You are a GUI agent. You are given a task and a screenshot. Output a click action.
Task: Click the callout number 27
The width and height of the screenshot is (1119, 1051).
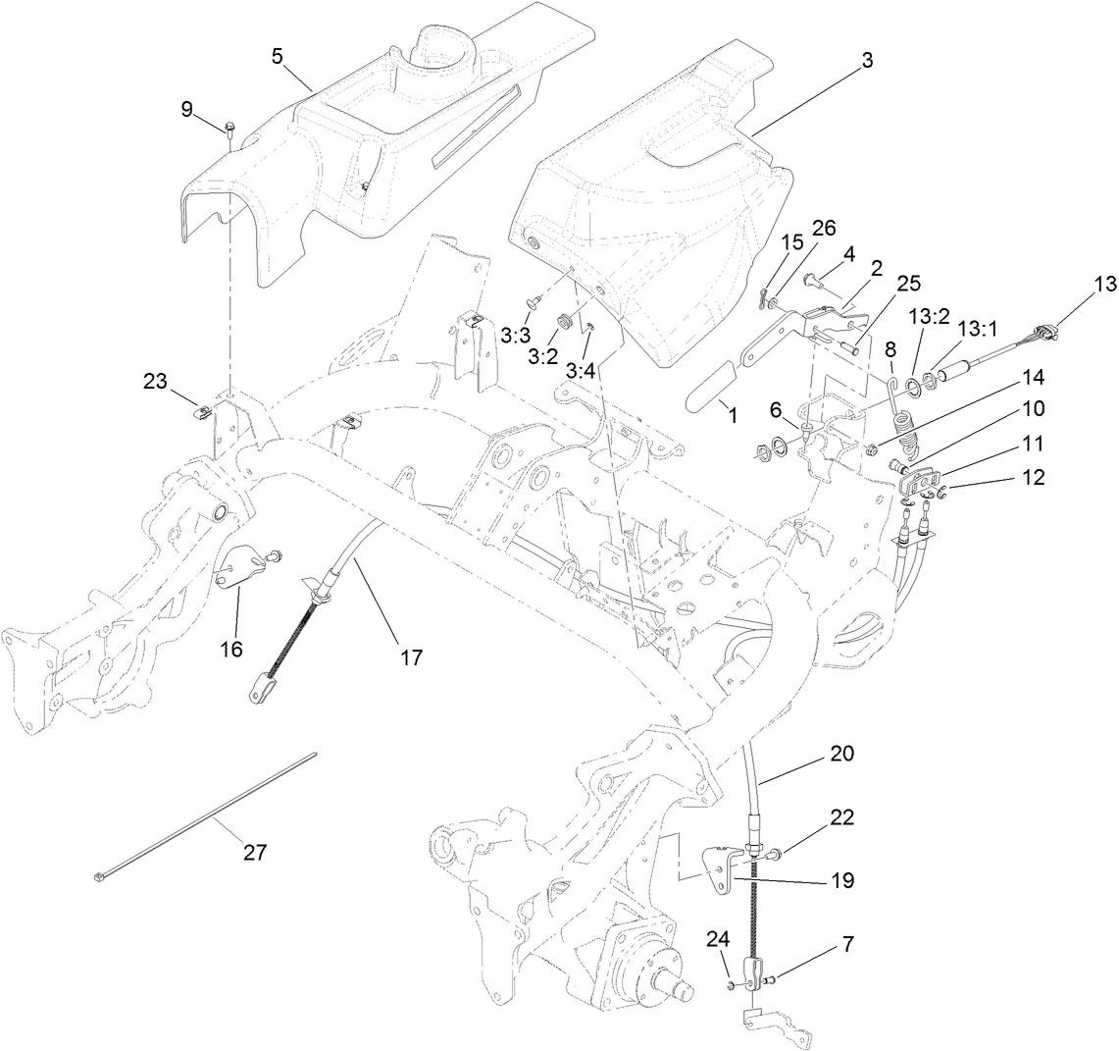[255, 853]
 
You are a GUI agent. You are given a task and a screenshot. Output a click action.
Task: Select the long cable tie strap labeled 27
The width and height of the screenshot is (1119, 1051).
[206, 815]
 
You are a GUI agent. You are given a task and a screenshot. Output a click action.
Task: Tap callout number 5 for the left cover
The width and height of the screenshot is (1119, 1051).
[278, 56]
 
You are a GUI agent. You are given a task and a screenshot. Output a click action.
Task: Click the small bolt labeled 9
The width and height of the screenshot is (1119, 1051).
[229, 129]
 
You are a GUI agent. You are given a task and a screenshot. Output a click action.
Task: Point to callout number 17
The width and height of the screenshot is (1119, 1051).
[412, 657]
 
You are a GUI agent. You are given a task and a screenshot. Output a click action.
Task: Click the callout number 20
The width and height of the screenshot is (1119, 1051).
[841, 755]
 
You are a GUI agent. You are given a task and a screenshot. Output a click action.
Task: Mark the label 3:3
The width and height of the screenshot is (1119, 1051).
[515, 335]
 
